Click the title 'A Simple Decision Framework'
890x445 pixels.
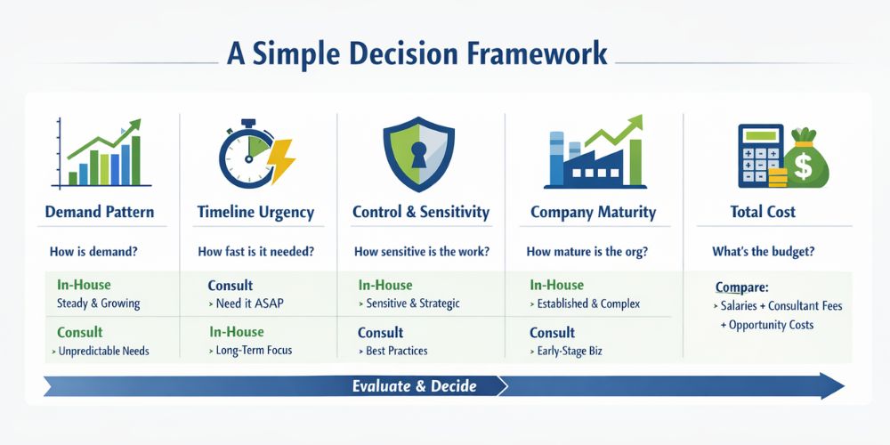(417, 53)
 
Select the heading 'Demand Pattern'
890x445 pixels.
(99, 213)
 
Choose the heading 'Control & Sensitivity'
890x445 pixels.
(421, 213)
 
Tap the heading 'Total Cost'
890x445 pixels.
(763, 213)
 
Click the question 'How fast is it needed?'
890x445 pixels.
(256, 252)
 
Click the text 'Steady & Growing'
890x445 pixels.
(97, 303)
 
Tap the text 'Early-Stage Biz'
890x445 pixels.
(570, 351)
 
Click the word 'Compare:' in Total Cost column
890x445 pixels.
(741, 287)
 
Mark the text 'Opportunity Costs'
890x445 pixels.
(771, 325)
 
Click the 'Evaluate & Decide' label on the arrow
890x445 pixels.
(414, 385)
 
